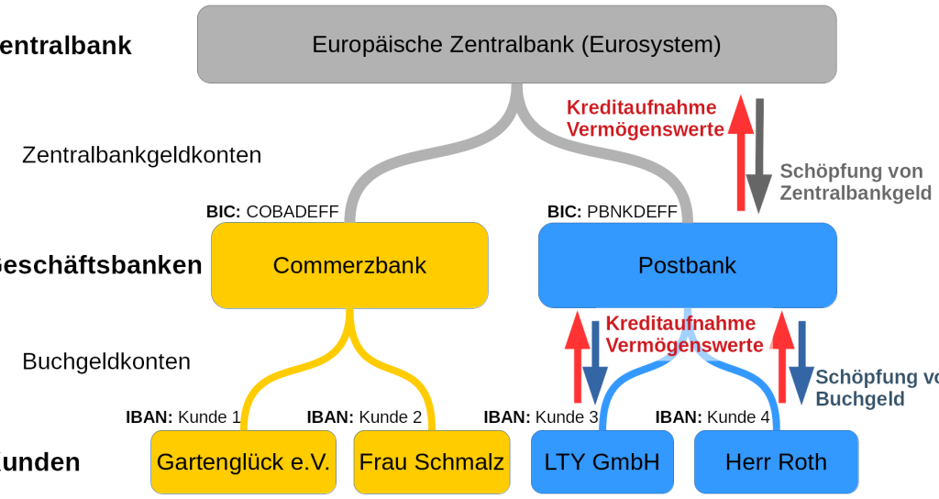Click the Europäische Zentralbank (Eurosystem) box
[x=516, y=43]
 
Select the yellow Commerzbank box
[x=349, y=265]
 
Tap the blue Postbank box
[x=687, y=265]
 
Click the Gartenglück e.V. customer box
[x=243, y=461]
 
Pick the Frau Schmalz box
[x=431, y=461]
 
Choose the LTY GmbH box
[x=601, y=461]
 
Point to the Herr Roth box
[x=776, y=461]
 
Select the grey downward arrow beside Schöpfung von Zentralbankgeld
[x=759, y=156]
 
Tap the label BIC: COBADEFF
[x=273, y=213]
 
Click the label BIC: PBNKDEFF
[x=613, y=213]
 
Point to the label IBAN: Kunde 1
[x=183, y=417]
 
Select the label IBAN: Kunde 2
[x=365, y=417]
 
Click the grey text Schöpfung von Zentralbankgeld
[x=855, y=182]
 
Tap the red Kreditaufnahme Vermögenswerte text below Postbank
[x=683, y=335]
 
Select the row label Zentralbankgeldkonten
[x=142, y=155]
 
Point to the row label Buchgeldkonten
[x=106, y=361]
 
